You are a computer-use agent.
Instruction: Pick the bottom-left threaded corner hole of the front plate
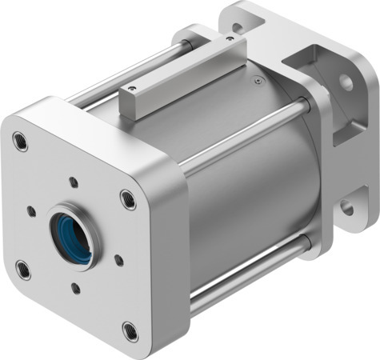[x=23, y=269]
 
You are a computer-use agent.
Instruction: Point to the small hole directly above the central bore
[x=74, y=182]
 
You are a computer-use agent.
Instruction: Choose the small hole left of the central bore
[x=31, y=212]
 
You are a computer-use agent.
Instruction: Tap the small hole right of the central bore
[x=118, y=259]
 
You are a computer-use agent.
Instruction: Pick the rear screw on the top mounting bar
[x=230, y=38]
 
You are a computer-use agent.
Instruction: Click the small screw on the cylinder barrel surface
[x=257, y=79]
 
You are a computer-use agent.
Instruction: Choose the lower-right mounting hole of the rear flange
[x=346, y=208]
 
